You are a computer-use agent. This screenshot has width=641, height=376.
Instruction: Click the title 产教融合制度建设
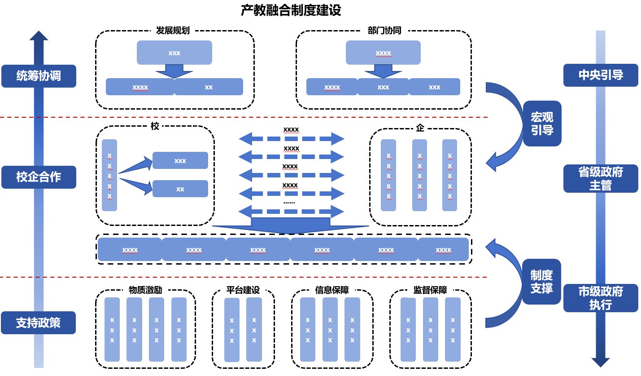coord(291,11)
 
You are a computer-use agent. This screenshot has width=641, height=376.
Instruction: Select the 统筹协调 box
coord(39,76)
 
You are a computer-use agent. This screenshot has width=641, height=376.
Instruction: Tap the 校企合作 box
coord(39,177)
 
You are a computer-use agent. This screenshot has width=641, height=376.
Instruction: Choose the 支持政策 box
coord(39,323)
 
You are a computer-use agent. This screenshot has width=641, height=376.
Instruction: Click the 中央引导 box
coord(600,75)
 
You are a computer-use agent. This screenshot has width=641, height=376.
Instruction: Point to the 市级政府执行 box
coord(600,298)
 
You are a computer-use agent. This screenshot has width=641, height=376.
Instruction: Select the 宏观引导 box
coord(542,124)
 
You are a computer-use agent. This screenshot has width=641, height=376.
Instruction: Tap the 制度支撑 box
coord(542,282)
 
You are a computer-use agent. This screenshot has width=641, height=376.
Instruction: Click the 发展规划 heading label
coord(173,31)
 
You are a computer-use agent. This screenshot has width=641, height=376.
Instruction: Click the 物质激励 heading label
coord(145,290)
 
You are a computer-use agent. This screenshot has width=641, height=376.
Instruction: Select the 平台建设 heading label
coord(243,290)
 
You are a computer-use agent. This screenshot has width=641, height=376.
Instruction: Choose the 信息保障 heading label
coord(332,290)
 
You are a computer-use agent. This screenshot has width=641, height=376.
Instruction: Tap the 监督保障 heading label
coord(430,290)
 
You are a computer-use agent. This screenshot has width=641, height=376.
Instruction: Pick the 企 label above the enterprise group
coord(420,128)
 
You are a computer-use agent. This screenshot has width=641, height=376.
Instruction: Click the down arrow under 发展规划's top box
coord(174,71)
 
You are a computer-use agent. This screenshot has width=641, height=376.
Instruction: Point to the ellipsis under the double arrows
coord(289,202)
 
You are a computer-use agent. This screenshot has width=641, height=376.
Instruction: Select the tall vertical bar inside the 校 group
coord(109,175)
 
